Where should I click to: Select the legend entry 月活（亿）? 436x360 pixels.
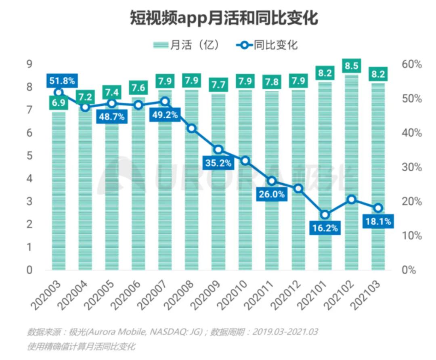point(186,45)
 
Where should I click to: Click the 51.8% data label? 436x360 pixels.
point(62,81)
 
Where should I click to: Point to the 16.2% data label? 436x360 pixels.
point(325,228)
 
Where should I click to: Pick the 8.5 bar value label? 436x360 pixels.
point(351,66)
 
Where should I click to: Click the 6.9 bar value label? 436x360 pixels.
point(59,103)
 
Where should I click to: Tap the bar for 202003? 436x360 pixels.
point(59,190)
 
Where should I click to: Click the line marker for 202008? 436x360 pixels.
point(192,128)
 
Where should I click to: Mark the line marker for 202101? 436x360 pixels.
point(325,214)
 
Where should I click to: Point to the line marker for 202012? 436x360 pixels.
point(298,188)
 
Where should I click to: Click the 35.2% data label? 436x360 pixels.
point(218,163)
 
